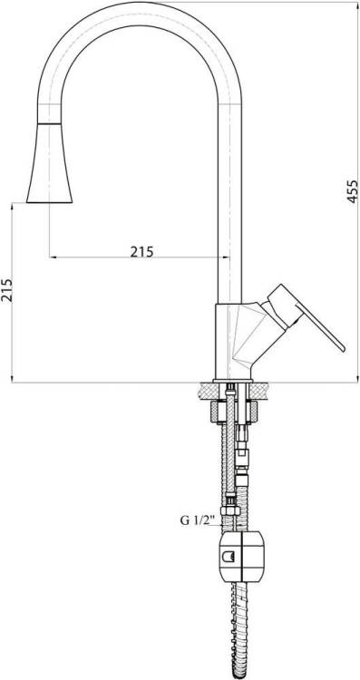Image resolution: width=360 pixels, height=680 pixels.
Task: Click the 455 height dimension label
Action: click(353, 191)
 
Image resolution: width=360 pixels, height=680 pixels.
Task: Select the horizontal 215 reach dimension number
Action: click(141, 251)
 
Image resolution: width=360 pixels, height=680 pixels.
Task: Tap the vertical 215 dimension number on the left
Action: click(7, 290)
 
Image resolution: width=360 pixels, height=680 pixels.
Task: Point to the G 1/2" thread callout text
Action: click(198, 520)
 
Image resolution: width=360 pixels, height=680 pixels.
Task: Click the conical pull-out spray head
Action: click(49, 164)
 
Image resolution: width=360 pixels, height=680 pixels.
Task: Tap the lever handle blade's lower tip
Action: click(343, 348)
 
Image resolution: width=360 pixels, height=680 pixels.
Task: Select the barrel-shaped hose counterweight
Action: click(241, 557)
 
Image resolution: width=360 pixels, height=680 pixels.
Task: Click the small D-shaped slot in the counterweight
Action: click(229, 556)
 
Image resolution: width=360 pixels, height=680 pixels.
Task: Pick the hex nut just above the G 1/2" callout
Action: click(230, 510)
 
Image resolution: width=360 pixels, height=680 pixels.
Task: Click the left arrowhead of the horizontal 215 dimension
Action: click(53, 257)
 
